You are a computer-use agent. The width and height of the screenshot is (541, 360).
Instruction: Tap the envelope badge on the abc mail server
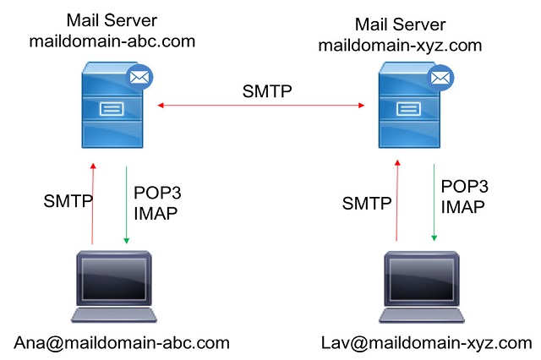pyautogui.click(x=138, y=78)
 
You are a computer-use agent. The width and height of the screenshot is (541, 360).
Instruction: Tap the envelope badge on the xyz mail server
pyautogui.click(x=440, y=79)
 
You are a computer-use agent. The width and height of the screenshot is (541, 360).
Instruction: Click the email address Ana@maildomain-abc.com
pyautogui.click(x=122, y=342)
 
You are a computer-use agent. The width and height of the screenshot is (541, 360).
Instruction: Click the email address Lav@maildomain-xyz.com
pyautogui.click(x=426, y=342)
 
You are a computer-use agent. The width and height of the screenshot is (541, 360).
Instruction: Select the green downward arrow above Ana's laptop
pyautogui.click(x=126, y=204)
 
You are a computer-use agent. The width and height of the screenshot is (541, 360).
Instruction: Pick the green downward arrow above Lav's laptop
pyautogui.click(x=434, y=204)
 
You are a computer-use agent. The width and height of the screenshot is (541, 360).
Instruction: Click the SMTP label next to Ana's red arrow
pyautogui.click(x=68, y=202)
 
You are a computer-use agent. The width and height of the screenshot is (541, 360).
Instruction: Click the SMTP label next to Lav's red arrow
pyautogui.click(x=367, y=203)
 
